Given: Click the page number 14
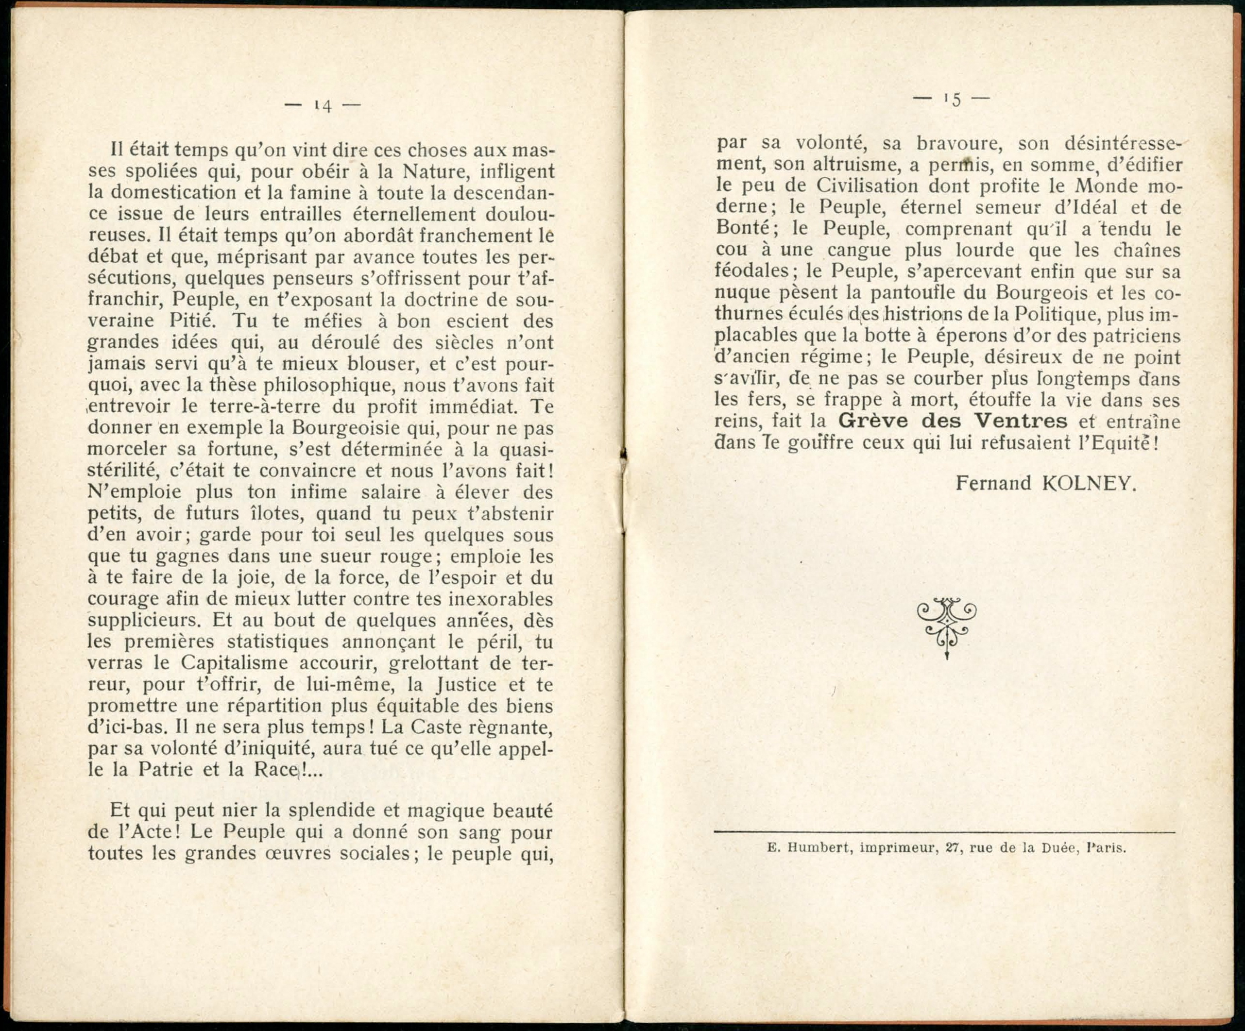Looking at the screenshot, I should [323, 106].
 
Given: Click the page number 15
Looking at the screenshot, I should [952, 100].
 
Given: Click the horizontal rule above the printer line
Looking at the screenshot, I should [944, 832].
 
